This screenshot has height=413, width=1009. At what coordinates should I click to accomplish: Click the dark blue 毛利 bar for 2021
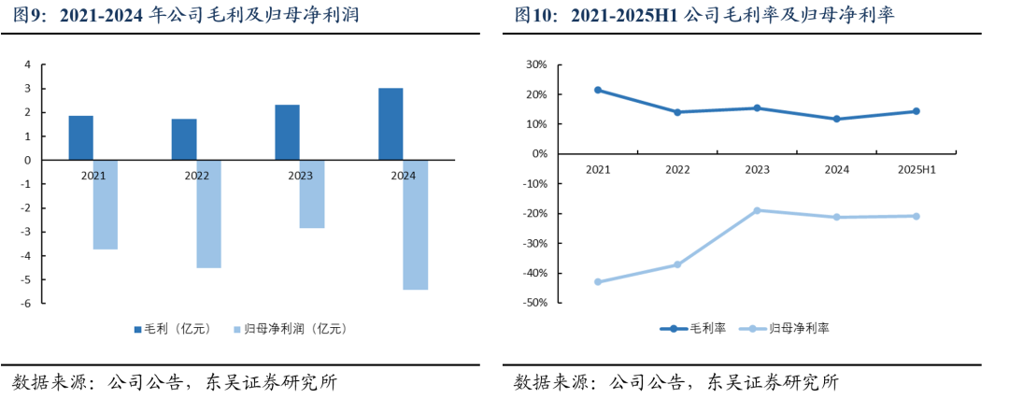click(81, 138)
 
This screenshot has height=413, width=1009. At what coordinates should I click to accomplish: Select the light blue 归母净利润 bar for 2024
click(416, 224)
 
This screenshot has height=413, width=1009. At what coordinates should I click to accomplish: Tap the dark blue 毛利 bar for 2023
click(288, 133)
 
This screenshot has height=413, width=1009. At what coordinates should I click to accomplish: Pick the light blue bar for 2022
click(209, 214)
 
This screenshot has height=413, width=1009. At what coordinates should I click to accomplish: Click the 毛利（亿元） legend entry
click(173, 329)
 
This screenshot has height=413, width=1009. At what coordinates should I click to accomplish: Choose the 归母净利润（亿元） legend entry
click(289, 329)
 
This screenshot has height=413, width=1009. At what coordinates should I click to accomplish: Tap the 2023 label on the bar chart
click(300, 175)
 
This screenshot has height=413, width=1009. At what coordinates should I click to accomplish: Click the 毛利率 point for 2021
click(598, 90)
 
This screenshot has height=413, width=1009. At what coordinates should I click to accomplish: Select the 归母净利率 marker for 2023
click(757, 210)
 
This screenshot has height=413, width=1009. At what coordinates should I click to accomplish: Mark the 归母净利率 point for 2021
click(598, 281)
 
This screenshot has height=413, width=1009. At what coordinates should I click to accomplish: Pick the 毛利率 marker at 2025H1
click(917, 111)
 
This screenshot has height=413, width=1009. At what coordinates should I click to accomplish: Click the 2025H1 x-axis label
click(917, 169)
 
